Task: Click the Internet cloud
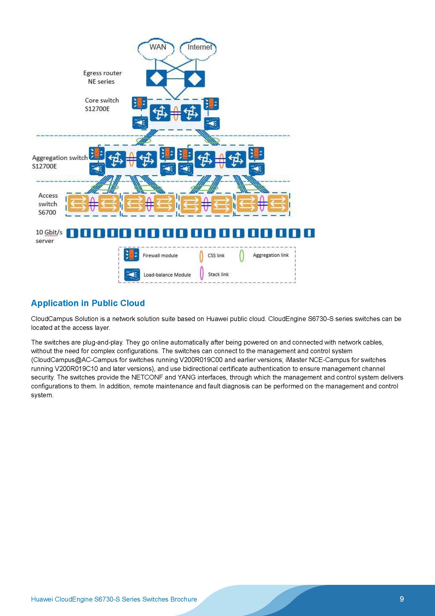tap(198, 49)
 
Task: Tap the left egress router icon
tap(156, 78)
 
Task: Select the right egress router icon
tap(194, 78)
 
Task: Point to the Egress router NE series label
tap(102, 77)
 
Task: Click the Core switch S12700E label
tap(102, 104)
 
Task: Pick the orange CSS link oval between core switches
tap(176, 113)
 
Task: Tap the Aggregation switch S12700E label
tap(59, 162)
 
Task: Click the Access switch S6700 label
tap(48, 204)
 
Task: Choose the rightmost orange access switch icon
tap(278, 203)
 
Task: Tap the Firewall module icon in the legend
tap(131, 255)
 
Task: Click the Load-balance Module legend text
tap(167, 275)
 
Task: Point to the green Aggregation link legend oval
tap(242, 256)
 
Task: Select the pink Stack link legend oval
tap(202, 274)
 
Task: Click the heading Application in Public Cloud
tap(88, 303)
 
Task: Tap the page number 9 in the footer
tap(402, 599)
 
